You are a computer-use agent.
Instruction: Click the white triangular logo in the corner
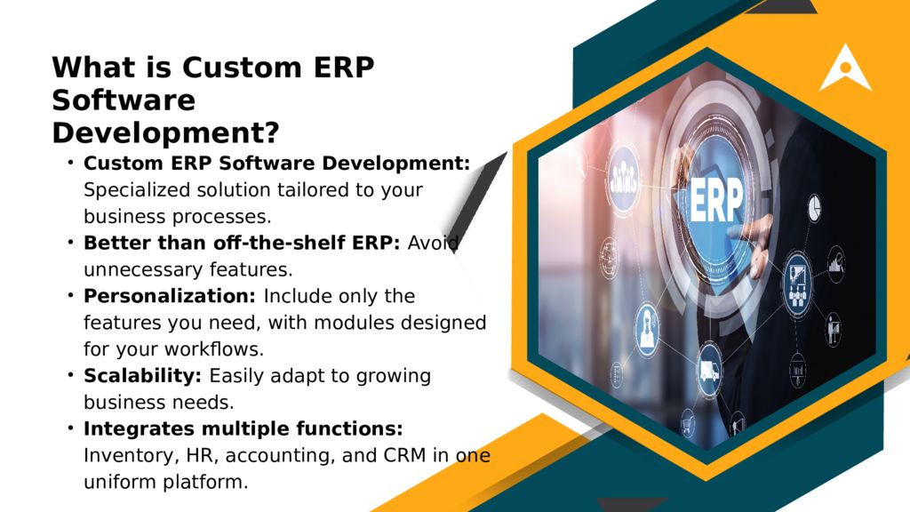point(845,68)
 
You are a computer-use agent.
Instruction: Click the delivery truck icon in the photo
point(708,372)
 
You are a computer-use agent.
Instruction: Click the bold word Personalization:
point(170,295)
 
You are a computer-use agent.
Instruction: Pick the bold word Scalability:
point(142,376)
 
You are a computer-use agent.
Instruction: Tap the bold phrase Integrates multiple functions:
point(243,429)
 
